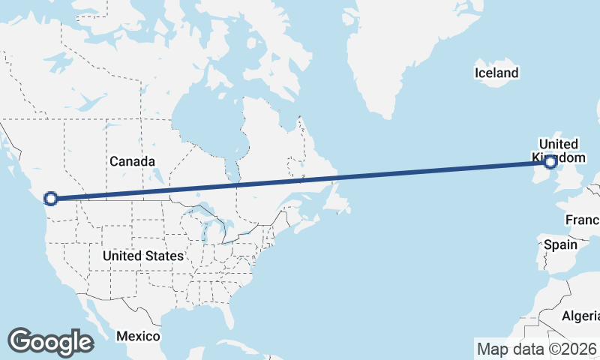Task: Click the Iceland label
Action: [496, 73]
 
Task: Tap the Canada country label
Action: [132, 161]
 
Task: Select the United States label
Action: [143, 256]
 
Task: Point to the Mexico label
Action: [139, 335]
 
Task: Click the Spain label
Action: [560, 244]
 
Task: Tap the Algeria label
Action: [580, 316]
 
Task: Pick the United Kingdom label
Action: [558, 151]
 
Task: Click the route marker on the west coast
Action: [51, 199]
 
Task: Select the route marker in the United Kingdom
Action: [550, 161]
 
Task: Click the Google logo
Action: [50, 342]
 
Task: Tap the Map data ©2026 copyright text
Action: [537, 349]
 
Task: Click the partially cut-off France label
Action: [583, 220]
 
